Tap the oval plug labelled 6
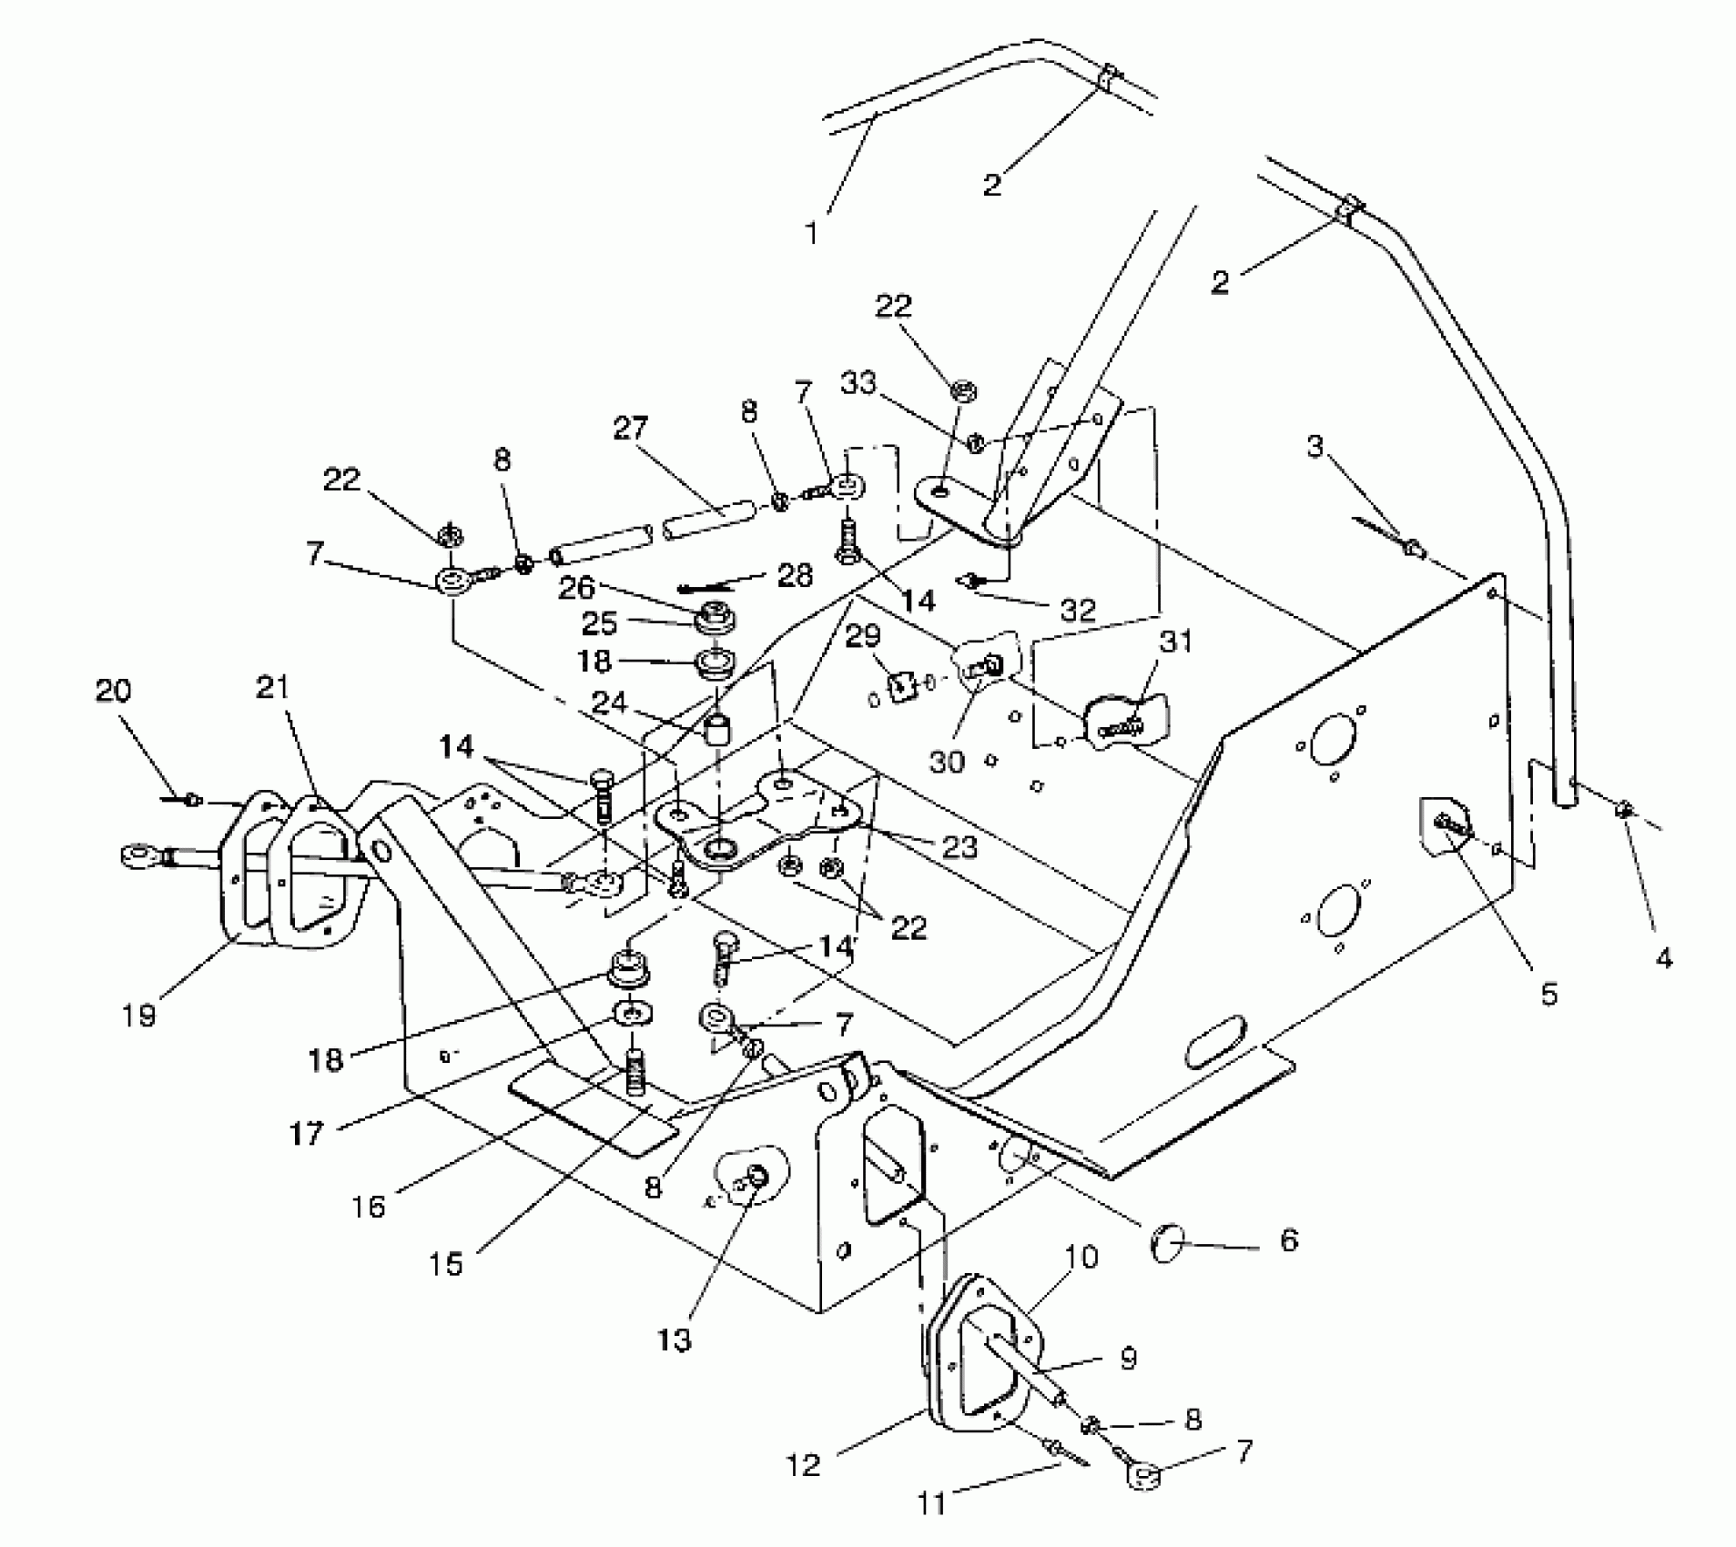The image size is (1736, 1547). (1166, 1241)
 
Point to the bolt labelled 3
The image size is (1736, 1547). (1413, 548)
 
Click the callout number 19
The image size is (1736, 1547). (139, 1015)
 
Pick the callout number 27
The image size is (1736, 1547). (630, 430)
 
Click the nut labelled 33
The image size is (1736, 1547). (974, 443)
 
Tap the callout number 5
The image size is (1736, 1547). (1548, 993)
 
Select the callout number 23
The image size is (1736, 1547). (959, 847)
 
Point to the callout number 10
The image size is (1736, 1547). (1081, 1257)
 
